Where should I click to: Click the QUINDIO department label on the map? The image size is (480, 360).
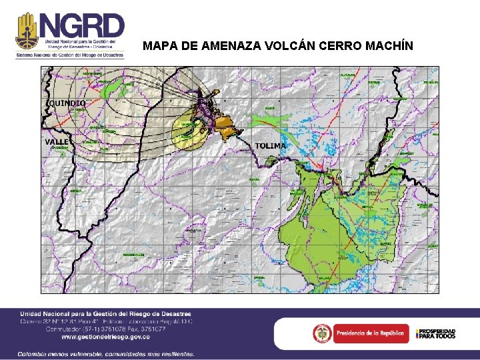(x=67, y=103)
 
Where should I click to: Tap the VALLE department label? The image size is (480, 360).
(x=56, y=142)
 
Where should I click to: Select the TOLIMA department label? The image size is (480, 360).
(x=271, y=145)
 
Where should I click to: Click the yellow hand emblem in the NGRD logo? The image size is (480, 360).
(x=27, y=30)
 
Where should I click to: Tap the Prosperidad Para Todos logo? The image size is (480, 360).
(x=436, y=333)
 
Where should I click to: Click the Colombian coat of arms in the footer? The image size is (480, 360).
(x=323, y=332)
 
